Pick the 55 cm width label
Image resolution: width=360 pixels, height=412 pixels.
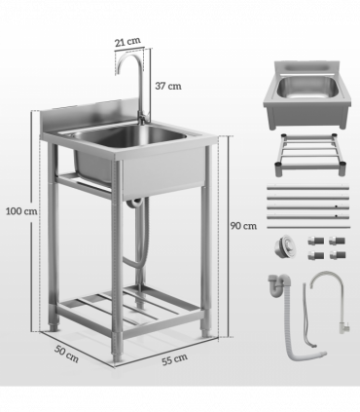tap(173, 360)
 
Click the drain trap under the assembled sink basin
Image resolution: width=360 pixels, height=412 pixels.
tap(137, 202)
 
